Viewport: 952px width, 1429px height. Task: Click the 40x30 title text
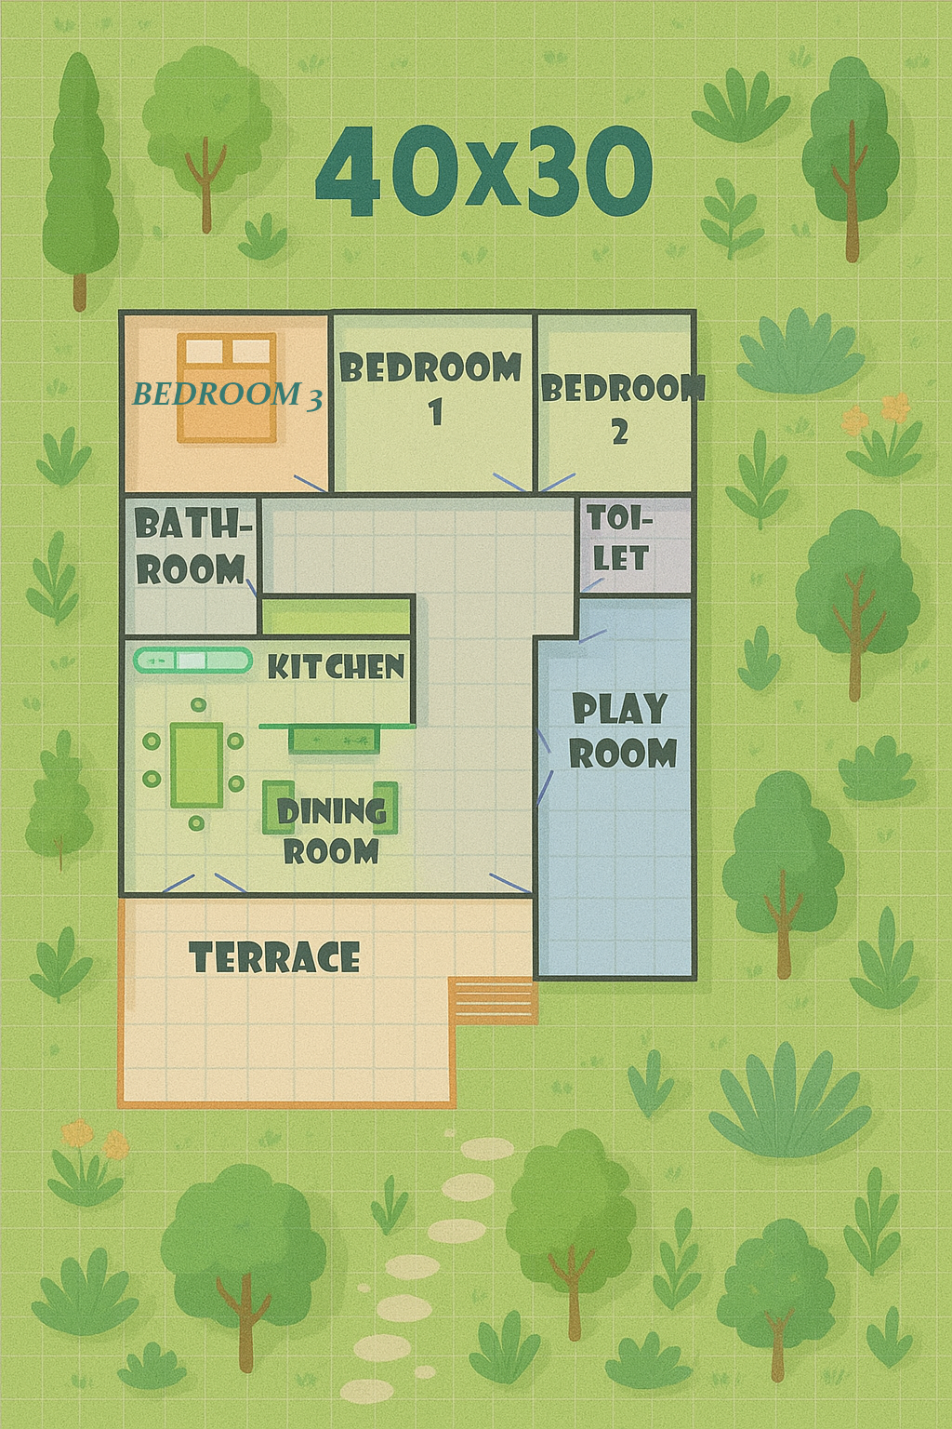483,171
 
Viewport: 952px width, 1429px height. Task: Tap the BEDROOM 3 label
227,394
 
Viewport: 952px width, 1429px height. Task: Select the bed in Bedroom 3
227,387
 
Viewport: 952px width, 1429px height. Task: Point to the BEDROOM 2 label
621,408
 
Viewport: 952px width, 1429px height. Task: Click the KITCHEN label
336,667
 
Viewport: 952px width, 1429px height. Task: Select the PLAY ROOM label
622,731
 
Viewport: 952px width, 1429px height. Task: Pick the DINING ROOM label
332,831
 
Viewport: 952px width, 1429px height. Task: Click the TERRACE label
274,957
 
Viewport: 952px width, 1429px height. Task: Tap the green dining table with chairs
196,764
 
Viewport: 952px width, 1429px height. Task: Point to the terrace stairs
492,1001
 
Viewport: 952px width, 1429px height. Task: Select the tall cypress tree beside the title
80,181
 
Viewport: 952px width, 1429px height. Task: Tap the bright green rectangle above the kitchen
336,616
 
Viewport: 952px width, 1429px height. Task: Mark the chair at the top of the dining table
198,705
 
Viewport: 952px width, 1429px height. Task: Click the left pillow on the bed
204,350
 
